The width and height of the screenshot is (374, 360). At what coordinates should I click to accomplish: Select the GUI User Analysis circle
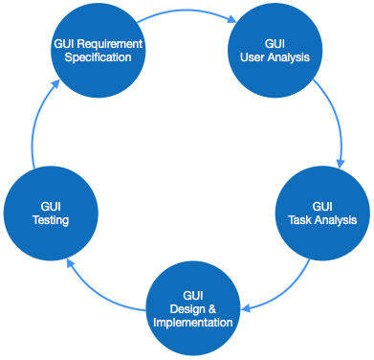click(275, 51)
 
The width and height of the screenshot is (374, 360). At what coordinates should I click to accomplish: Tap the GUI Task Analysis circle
click(322, 213)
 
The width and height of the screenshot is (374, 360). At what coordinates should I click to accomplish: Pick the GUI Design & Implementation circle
click(193, 308)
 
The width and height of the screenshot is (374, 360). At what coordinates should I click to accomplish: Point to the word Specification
click(98, 57)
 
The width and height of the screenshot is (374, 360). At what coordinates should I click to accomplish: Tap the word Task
click(300, 219)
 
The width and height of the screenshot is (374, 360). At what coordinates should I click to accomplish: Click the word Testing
click(50, 219)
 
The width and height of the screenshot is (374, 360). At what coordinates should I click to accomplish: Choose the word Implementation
click(193, 322)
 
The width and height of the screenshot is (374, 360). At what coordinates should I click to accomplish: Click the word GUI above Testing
click(50, 206)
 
